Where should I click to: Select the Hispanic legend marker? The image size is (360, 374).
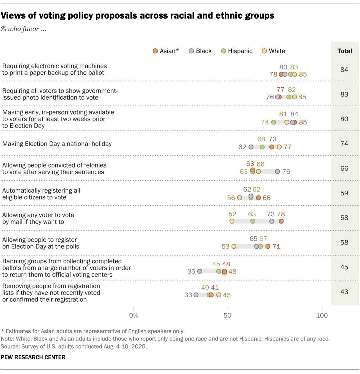(224, 51)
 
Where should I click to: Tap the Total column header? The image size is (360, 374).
(345, 51)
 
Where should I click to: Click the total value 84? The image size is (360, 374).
(344, 70)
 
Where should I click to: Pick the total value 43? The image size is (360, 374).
(344, 292)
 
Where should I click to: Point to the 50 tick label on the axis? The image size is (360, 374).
(228, 315)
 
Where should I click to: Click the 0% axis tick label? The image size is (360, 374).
(134, 315)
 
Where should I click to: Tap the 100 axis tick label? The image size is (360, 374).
(322, 315)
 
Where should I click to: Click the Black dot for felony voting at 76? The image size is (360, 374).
(278, 172)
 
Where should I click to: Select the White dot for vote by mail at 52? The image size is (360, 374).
(232, 221)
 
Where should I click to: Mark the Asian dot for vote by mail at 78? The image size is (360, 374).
(281, 221)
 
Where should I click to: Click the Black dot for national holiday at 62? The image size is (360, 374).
(251, 147)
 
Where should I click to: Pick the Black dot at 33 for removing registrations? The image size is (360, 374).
(196, 295)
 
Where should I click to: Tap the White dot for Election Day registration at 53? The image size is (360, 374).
(234, 246)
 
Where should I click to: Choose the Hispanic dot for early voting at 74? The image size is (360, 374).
(274, 122)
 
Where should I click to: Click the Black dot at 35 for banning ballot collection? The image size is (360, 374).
(200, 271)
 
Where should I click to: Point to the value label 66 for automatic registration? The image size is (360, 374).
(267, 198)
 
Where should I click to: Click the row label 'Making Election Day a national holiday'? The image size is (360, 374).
(57, 144)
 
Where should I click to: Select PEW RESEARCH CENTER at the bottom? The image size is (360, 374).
(33, 357)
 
